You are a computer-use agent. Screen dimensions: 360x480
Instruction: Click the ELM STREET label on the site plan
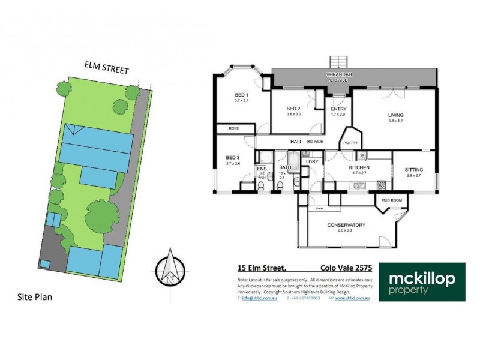pyautogui.click(x=106, y=70)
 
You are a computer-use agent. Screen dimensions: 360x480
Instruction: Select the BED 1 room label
pyautogui.click(x=241, y=96)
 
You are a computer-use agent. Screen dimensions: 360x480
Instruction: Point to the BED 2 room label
pyautogui.click(x=293, y=109)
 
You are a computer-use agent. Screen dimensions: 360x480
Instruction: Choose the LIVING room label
pyautogui.click(x=395, y=115)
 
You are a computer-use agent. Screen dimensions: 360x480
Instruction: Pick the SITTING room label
pyautogui.click(x=414, y=169)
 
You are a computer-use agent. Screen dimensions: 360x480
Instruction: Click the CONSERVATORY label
pyautogui.click(x=346, y=225)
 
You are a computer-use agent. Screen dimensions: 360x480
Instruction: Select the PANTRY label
pyautogui.click(x=350, y=143)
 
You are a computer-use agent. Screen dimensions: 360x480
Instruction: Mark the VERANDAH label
pyautogui.click(x=338, y=74)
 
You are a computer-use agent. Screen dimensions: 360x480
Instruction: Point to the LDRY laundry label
pyautogui.click(x=311, y=161)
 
